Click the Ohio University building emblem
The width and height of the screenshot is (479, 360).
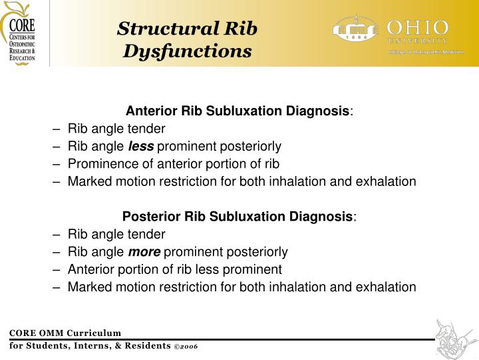coord(357,30)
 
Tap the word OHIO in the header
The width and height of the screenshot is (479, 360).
coord(418,28)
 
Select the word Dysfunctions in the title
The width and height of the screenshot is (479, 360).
coord(187,51)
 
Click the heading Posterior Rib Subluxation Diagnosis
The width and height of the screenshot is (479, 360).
coord(238,217)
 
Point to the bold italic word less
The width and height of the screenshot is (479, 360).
coord(140,146)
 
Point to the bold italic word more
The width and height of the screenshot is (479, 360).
coord(144,252)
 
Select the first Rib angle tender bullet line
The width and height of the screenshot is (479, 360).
coord(116,129)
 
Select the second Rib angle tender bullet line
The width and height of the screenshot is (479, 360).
coord(116,235)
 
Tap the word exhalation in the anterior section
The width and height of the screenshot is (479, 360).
coord(386,181)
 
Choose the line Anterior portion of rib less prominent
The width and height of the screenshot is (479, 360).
coord(174,270)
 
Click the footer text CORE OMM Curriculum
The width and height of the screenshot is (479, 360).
coord(65,333)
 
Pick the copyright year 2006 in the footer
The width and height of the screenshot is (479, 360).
coord(188,347)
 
